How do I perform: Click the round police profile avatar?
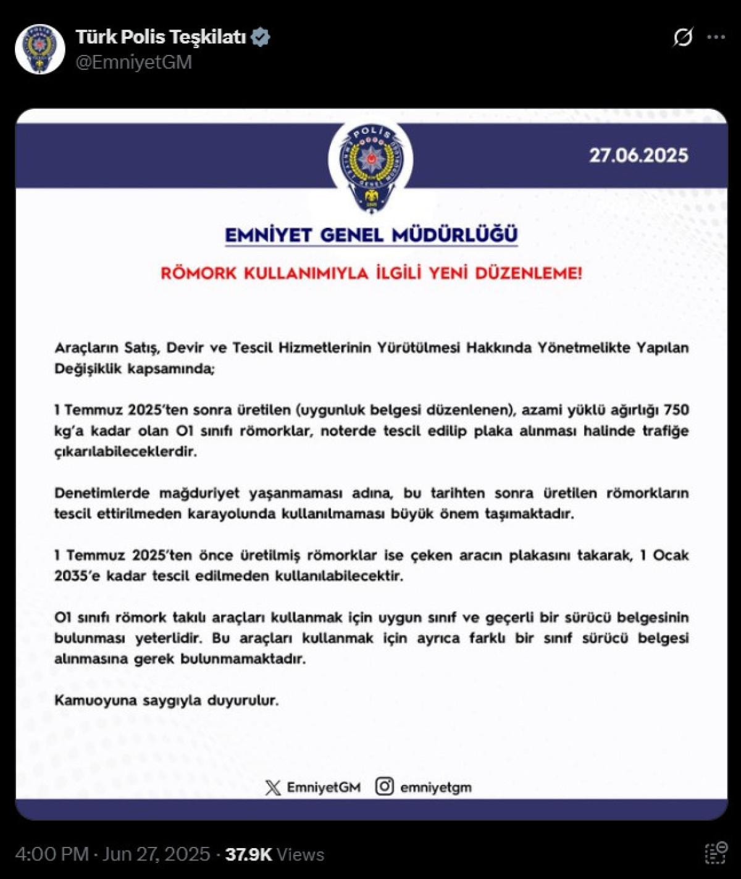40,49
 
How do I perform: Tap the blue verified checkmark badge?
261,37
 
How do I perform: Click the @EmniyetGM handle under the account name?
133,62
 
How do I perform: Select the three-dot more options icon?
716,37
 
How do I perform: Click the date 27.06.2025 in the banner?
638,155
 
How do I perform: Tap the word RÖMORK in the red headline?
198,273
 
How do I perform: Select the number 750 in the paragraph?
676,410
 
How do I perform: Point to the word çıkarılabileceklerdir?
125,451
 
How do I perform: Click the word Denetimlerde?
103,493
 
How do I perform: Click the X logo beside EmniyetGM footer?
272,787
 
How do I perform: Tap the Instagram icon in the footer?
384,786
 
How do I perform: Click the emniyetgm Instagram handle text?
435,788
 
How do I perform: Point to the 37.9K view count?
248,854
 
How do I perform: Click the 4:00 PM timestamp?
52,854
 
